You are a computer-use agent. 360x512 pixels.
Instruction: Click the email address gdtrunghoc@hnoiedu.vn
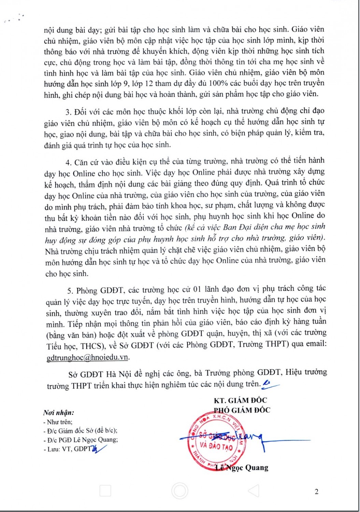pos(88,357)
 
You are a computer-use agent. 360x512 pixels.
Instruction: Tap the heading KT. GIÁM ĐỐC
pos(240,400)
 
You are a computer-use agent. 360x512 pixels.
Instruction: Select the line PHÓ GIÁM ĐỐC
pos(242,410)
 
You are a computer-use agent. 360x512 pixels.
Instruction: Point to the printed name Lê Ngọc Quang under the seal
pos(242,468)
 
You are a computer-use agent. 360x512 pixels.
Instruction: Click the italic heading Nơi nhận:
pos(58,413)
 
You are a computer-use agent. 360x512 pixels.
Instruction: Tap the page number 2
pos(316,492)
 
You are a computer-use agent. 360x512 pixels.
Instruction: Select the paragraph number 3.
pos(68,112)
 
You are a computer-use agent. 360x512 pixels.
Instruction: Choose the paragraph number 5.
pos(70,291)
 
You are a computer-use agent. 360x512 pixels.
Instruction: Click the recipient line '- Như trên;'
pos(58,422)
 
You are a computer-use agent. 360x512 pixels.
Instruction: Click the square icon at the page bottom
pos(105,491)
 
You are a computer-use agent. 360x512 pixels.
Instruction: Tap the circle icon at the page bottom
pos(179,491)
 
